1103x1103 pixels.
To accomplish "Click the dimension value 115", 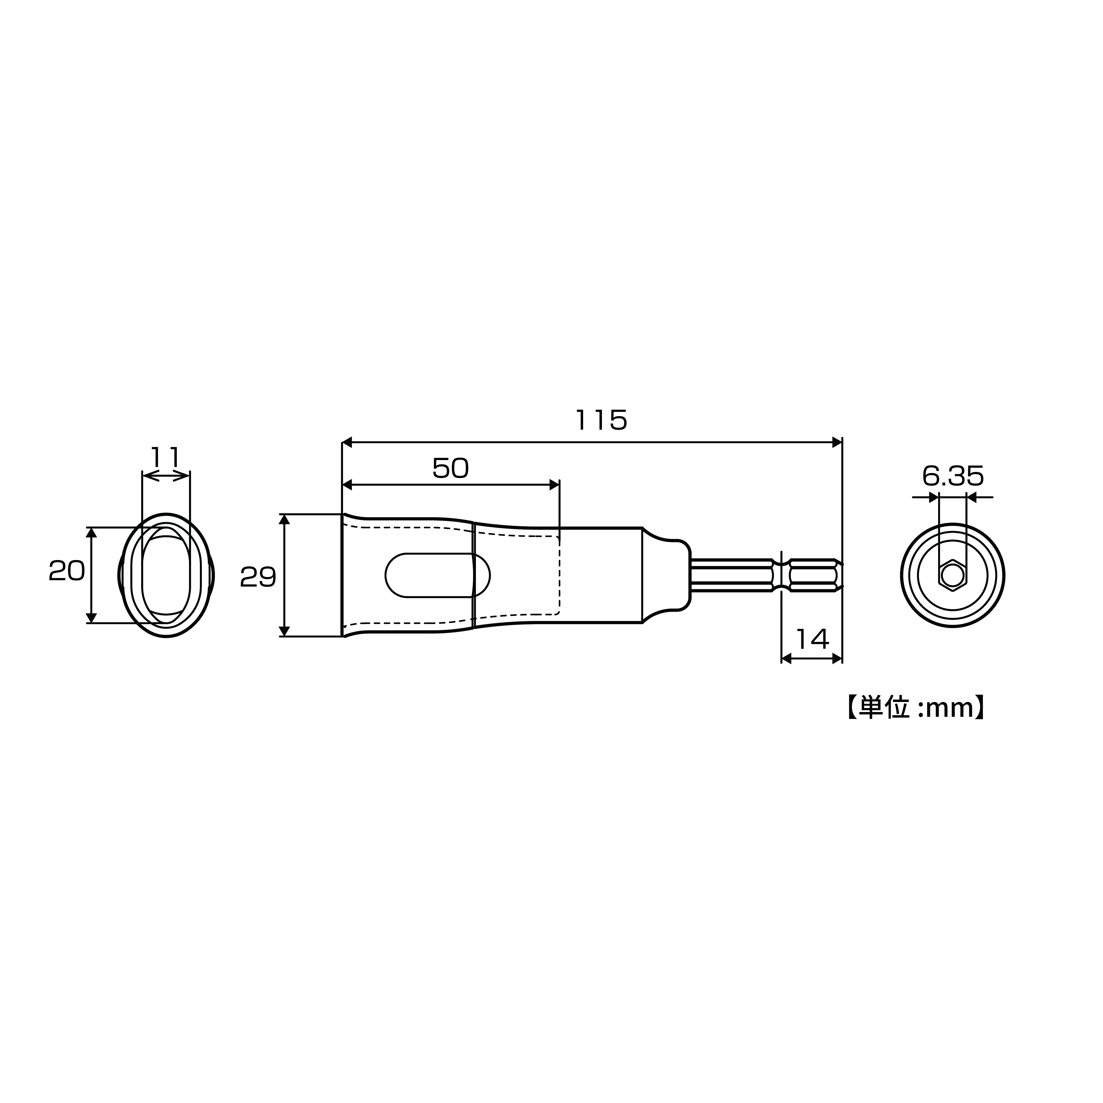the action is (601, 420).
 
